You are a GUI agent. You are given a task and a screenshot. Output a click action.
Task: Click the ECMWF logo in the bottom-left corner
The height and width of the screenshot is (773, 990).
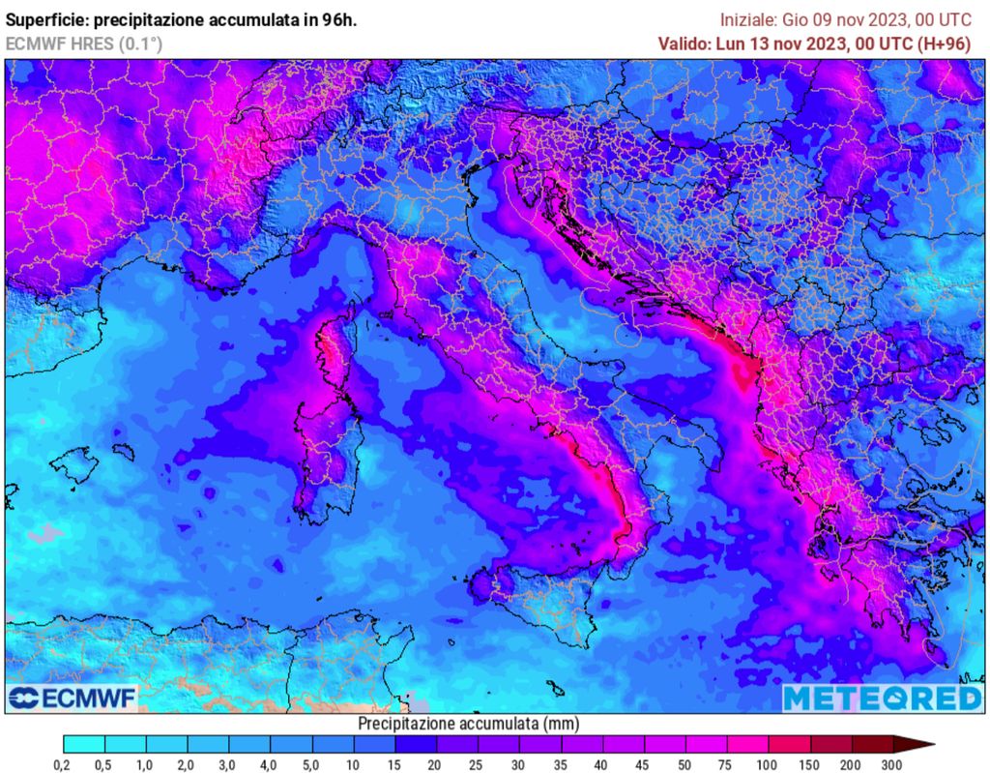(x=73, y=698)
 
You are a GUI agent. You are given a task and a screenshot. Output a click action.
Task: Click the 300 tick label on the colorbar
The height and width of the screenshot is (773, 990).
(x=891, y=764)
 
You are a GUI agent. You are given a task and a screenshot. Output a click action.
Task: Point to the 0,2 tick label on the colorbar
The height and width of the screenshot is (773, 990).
(x=63, y=764)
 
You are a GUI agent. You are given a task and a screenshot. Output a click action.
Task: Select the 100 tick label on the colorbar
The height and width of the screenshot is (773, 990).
(x=768, y=764)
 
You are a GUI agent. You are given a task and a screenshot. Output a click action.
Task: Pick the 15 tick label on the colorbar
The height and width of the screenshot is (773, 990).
(x=394, y=764)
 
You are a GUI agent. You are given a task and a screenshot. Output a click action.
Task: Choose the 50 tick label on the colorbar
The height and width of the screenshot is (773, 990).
(x=684, y=764)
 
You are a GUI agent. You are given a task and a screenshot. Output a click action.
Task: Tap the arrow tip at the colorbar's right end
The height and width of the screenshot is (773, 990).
(x=928, y=744)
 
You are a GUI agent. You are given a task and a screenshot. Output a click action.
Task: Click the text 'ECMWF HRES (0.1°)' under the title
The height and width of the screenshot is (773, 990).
(x=84, y=44)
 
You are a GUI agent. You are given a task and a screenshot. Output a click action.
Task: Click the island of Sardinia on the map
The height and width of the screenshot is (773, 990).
(x=324, y=455)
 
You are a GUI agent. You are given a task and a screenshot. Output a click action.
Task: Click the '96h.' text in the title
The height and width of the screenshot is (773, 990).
(x=339, y=19)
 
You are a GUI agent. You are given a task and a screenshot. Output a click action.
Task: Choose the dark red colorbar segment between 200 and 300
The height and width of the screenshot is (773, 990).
(x=870, y=744)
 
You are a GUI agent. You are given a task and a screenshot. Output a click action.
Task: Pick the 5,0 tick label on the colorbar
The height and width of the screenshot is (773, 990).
(x=311, y=764)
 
